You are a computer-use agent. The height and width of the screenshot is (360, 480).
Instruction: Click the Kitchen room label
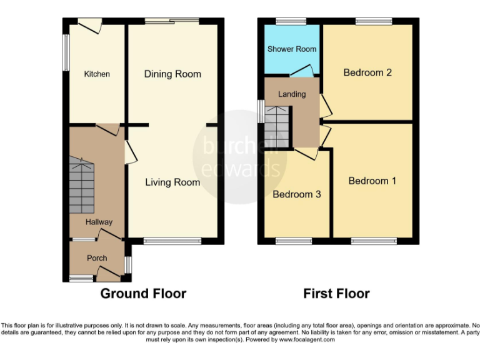(x=97, y=74)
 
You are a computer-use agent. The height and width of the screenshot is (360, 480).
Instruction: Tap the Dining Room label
(x=172, y=74)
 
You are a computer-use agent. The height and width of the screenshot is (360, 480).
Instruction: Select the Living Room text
(x=172, y=182)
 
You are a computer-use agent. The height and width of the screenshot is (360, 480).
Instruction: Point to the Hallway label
(x=99, y=222)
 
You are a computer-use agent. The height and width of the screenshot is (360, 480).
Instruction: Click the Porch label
(x=97, y=257)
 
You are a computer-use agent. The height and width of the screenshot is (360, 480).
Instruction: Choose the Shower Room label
(x=292, y=49)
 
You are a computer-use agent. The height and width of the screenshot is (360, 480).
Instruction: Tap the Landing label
(x=292, y=94)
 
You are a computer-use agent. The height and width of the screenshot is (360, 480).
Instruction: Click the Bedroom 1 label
(x=372, y=181)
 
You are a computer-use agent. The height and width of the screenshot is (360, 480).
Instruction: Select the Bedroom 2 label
(x=367, y=72)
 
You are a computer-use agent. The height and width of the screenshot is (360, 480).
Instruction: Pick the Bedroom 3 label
(x=297, y=194)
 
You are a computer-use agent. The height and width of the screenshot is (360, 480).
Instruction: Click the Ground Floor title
(x=143, y=293)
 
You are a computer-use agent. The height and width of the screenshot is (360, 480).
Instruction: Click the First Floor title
(x=336, y=293)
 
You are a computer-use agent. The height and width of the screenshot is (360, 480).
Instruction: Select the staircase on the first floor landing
(x=277, y=127)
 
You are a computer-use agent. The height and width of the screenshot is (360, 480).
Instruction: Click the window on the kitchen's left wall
(x=65, y=51)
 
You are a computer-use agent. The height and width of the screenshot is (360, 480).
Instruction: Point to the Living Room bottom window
(x=172, y=241)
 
